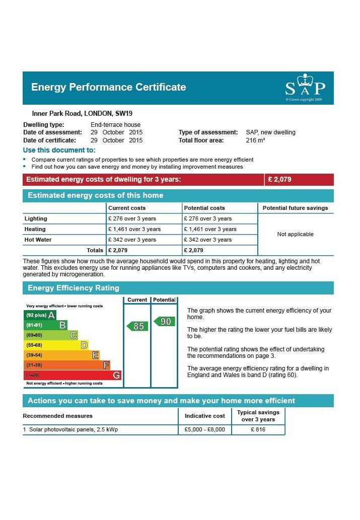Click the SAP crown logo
(305, 87)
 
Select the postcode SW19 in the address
(124, 113)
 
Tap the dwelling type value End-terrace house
(115, 125)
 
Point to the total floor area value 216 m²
(255, 140)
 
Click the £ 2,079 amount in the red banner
(279, 179)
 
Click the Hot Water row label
(38, 240)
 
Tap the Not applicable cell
(295, 234)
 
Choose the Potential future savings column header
(295, 208)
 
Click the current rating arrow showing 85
(137, 326)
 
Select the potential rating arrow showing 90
(165, 321)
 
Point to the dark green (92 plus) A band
(40, 315)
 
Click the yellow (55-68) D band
(56, 345)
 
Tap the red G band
(73, 375)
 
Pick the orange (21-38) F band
(67, 365)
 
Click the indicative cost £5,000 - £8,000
(205, 429)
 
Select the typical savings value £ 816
(258, 429)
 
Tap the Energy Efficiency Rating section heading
(74, 288)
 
